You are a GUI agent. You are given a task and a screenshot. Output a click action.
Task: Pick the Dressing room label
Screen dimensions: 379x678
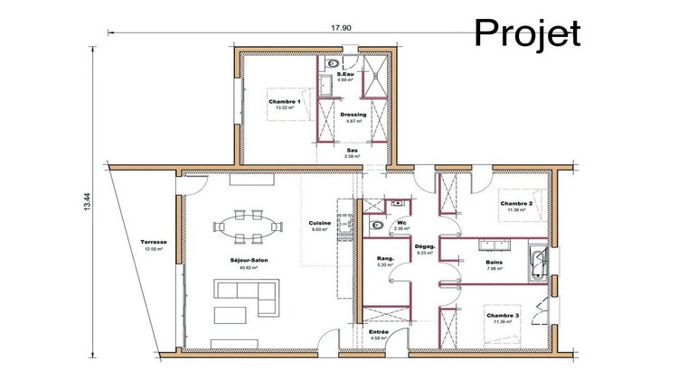tap(353, 116)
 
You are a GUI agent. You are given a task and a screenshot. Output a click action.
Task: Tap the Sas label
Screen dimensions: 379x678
tap(353, 152)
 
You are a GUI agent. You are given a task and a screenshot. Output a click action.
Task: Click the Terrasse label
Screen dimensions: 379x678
tap(153, 244)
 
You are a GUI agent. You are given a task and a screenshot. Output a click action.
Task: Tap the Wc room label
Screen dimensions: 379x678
tap(402, 225)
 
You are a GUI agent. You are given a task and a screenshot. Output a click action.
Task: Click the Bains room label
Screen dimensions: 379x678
tap(494, 263)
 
